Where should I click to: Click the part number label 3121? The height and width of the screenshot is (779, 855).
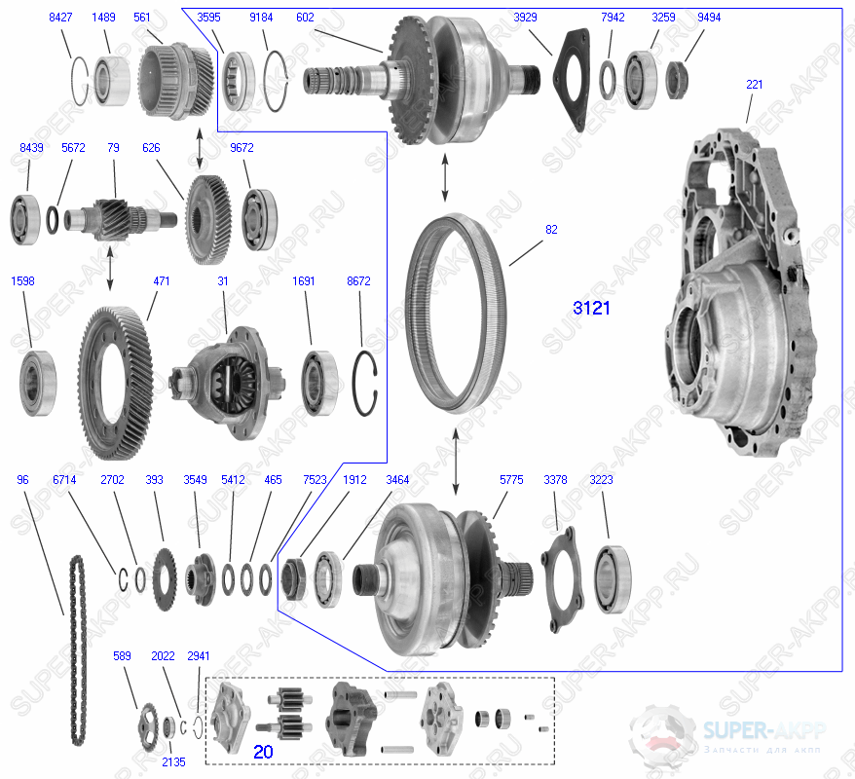click(592, 308)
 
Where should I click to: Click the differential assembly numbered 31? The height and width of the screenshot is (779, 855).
click(229, 381)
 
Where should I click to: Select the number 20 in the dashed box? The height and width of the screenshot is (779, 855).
click(263, 752)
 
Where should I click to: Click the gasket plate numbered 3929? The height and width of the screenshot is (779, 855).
click(576, 77)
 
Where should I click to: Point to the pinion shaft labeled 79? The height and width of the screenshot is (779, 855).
click(116, 213)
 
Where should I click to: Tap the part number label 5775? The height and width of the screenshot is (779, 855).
click(510, 480)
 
